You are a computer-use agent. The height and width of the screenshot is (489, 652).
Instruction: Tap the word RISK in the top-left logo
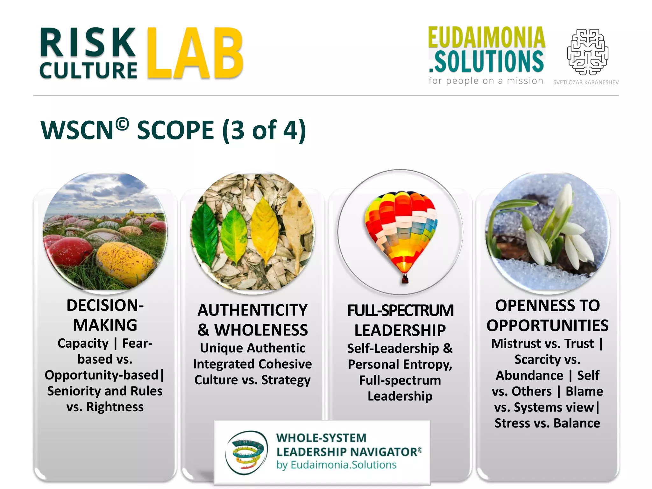(88, 43)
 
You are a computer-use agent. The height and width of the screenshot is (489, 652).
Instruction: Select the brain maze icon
(588, 52)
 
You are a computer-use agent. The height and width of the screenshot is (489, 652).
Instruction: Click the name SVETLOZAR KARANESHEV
(586, 82)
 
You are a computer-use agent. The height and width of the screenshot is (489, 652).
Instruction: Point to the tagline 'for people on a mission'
(486, 81)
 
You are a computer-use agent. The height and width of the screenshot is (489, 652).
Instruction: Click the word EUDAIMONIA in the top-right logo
(486, 38)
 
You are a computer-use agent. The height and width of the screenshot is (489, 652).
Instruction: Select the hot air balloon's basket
(405, 280)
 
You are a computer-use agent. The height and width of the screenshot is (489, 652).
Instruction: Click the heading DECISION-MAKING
(105, 315)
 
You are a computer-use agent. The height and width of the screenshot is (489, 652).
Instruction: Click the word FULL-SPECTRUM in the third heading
(400, 311)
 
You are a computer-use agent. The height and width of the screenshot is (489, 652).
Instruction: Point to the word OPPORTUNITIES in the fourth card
(547, 326)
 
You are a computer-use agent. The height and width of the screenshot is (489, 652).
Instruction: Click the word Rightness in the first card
(115, 407)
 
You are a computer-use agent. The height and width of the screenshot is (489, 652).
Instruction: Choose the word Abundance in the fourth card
(530, 375)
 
